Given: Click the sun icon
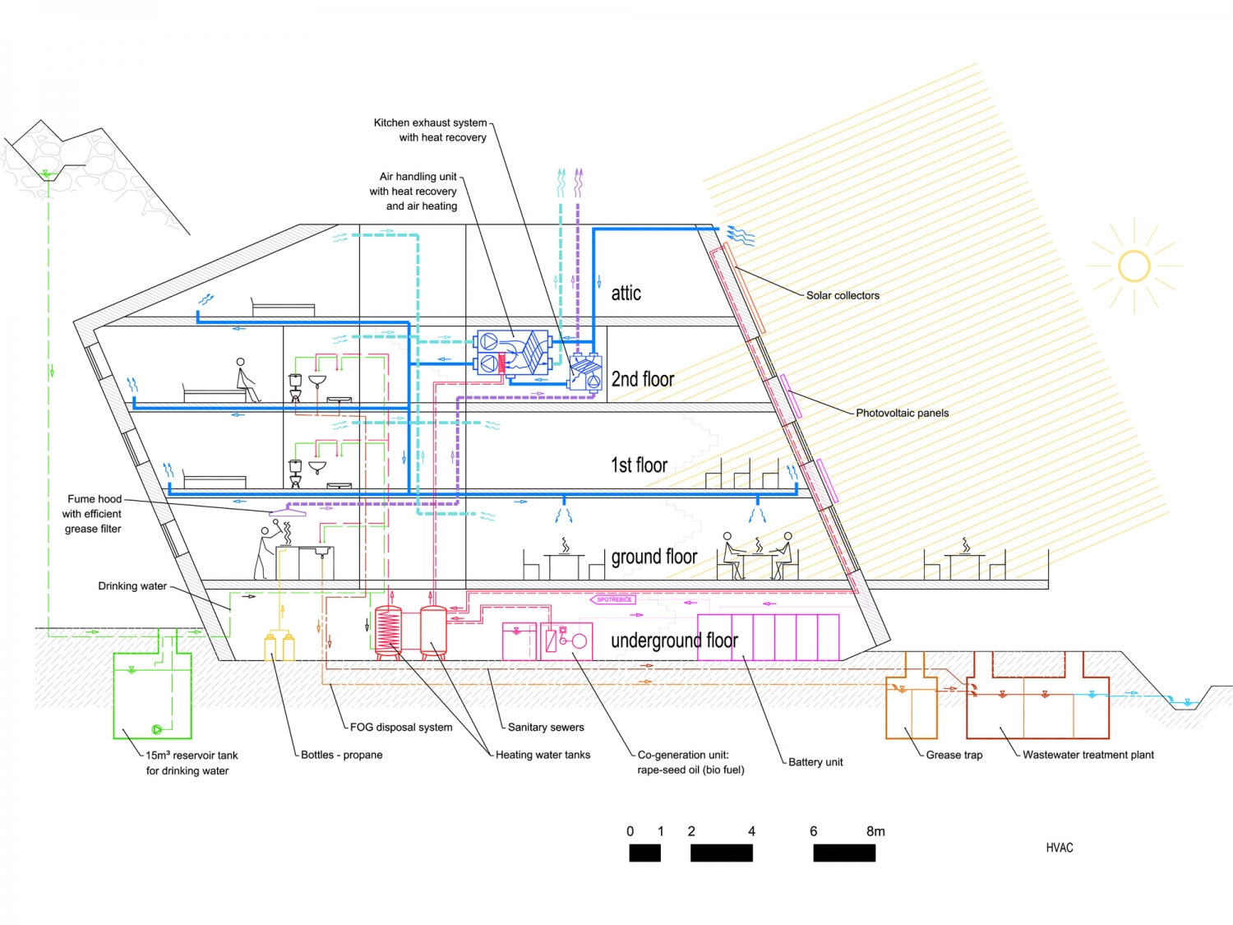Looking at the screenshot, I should point(1134,266).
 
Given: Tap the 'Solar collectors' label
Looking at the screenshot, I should point(843,295).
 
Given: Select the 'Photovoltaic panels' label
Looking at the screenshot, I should point(902,413).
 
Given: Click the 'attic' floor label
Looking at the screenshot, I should point(626,294).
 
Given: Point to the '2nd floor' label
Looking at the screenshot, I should point(642,379).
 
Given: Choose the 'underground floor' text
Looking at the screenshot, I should point(674,641).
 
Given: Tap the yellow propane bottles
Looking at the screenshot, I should point(279,646).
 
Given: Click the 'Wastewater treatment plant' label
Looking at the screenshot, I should point(1088,755).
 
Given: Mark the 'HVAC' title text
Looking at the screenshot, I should point(1059,848).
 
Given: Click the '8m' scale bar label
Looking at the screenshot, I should point(875,831).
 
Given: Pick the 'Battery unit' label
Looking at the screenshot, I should point(815,762).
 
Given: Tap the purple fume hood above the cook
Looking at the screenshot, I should point(288,512).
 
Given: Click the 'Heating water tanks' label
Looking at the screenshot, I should point(543,755).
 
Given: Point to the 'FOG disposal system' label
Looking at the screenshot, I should point(400,727).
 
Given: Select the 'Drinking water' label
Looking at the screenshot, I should point(132,586).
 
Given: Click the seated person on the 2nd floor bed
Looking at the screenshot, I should point(244,380).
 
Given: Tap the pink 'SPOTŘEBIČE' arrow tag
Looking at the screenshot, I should point(613,599).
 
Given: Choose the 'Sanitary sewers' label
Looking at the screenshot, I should point(546,727).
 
